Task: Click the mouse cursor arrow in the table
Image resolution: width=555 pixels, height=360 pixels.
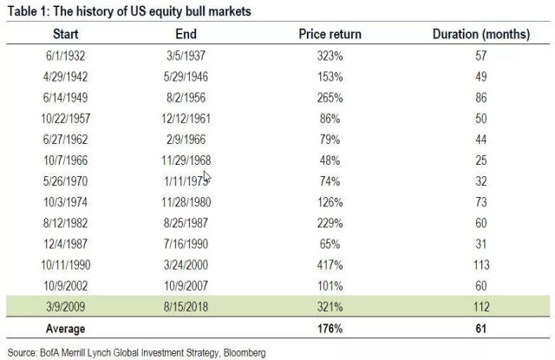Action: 206,178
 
